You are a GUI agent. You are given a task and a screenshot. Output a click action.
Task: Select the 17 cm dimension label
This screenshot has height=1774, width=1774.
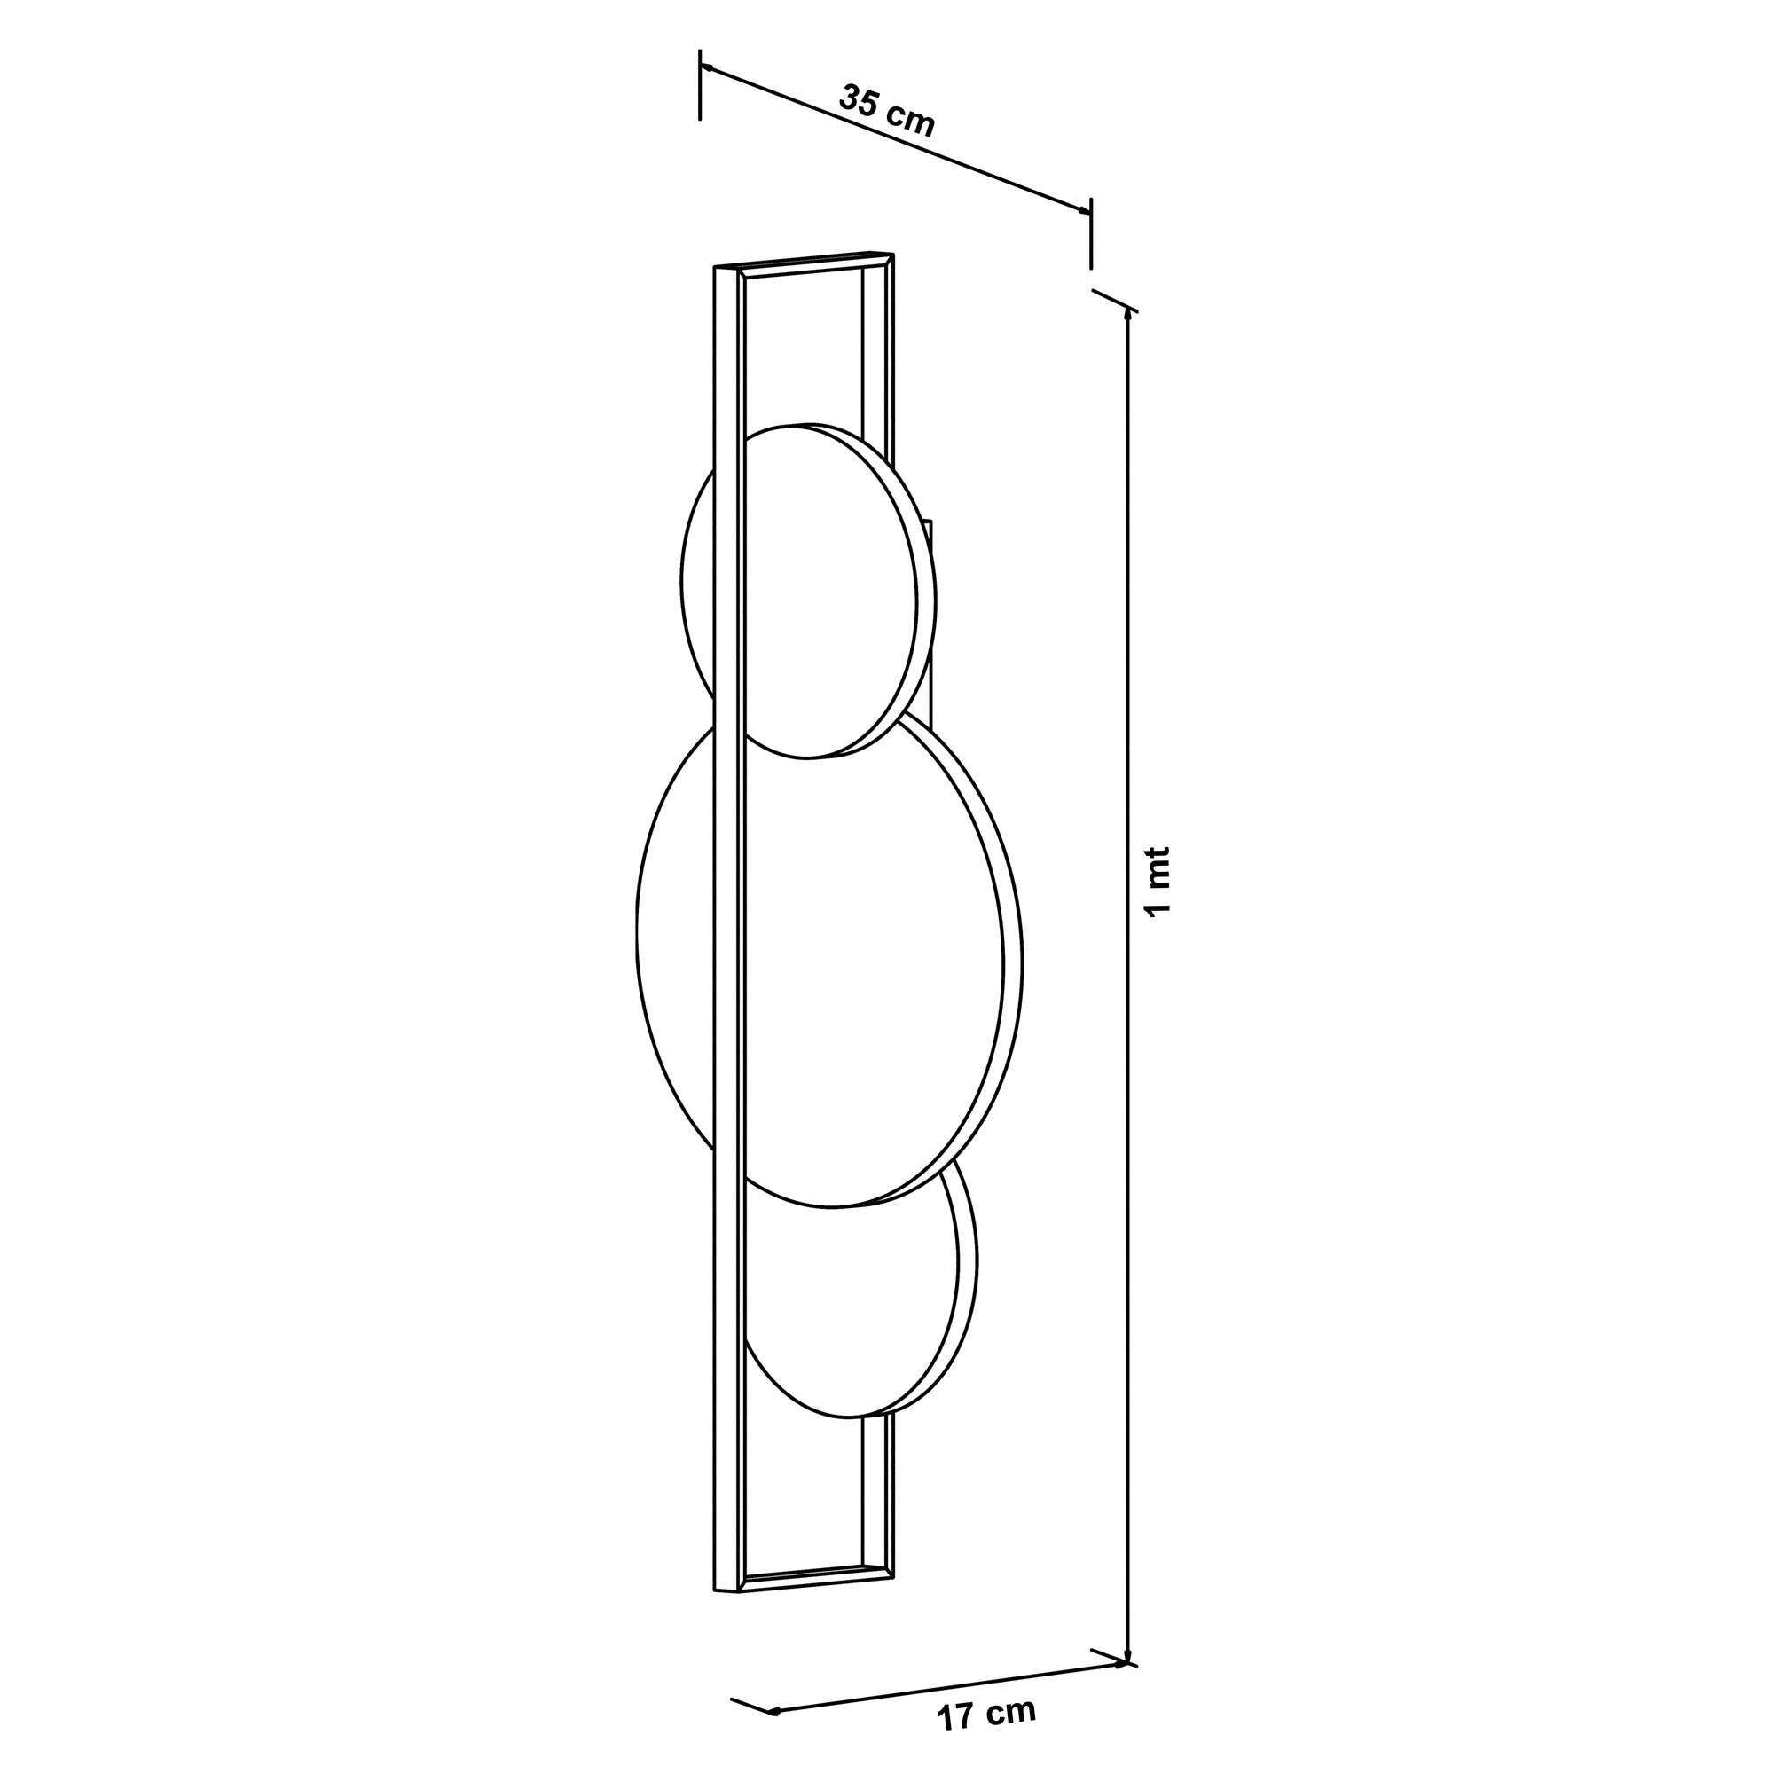(x=986, y=1714)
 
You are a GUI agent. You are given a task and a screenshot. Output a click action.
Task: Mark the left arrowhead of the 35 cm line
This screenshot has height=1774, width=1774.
(x=706, y=67)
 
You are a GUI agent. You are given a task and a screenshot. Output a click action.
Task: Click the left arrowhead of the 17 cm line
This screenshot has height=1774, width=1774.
(x=773, y=1711)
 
